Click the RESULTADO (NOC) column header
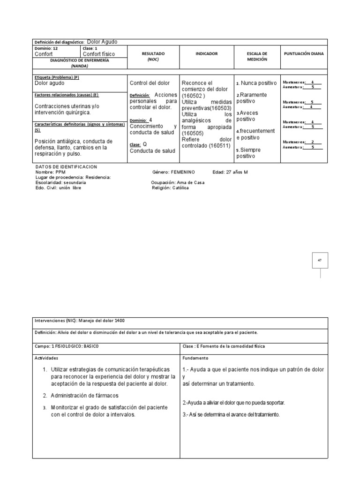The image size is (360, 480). click(153, 57)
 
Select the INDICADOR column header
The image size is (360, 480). click(207, 54)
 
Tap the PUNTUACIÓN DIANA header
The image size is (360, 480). click(304, 54)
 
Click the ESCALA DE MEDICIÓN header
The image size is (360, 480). click(257, 57)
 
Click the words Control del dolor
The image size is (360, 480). click(150, 83)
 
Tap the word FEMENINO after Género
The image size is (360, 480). click(181, 172)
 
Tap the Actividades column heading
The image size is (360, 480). click(46, 357)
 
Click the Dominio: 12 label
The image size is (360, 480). click(46, 48)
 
